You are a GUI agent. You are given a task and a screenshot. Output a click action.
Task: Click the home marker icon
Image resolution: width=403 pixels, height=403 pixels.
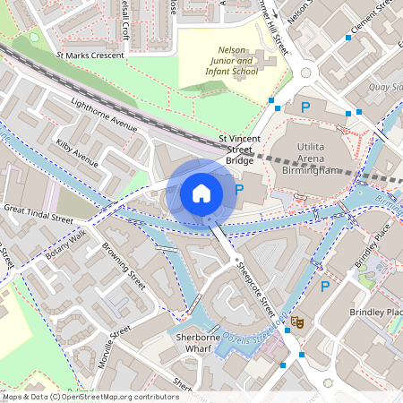[x=201, y=193]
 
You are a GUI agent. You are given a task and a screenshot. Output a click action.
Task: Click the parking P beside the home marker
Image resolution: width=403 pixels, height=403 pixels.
[x=238, y=189]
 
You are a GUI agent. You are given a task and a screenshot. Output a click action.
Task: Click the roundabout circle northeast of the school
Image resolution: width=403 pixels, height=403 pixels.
[x=306, y=72]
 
